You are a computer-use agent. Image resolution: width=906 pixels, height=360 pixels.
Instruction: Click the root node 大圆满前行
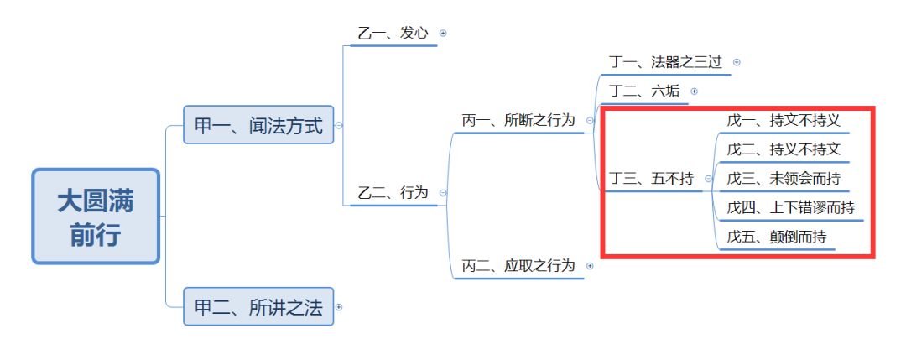(x=95, y=217)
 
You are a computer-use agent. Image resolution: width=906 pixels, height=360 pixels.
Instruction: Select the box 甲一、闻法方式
(x=258, y=126)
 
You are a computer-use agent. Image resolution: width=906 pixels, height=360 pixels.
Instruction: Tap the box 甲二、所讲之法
(x=258, y=307)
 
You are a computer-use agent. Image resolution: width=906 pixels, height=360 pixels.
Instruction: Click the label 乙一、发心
(x=393, y=34)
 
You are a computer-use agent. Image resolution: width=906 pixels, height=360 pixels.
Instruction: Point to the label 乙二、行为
(x=393, y=193)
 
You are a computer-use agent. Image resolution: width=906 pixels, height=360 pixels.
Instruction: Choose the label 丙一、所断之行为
(x=518, y=121)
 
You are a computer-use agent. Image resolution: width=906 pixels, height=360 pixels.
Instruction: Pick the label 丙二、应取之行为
(x=518, y=265)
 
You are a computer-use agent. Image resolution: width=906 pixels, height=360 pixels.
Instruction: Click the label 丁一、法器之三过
(x=664, y=62)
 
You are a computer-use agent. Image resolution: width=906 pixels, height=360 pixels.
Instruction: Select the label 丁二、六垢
(x=644, y=91)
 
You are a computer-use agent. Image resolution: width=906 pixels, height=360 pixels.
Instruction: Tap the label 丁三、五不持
(x=651, y=179)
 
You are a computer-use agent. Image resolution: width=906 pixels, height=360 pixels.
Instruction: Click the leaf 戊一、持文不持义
(x=784, y=121)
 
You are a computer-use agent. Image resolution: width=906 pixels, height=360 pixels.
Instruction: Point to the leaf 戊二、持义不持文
(x=784, y=149)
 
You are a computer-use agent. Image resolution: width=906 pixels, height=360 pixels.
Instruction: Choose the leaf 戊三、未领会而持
(x=784, y=179)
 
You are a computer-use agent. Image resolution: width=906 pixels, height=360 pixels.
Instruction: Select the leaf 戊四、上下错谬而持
(x=790, y=207)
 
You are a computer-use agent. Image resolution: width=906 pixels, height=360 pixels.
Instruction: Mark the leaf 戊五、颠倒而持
(x=777, y=237)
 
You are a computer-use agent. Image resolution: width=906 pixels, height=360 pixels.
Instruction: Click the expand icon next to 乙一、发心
(x=443, y=34)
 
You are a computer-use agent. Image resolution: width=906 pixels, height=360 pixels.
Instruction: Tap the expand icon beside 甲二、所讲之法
(x=339, y=307)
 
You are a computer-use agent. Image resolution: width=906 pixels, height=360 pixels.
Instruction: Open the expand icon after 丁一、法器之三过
(x=737, y=62)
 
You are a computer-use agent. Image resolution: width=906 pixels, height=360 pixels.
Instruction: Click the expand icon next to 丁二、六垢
(x=694, y=91)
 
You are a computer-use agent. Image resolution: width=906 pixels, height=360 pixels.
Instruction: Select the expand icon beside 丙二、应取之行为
(x=590, y=265)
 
